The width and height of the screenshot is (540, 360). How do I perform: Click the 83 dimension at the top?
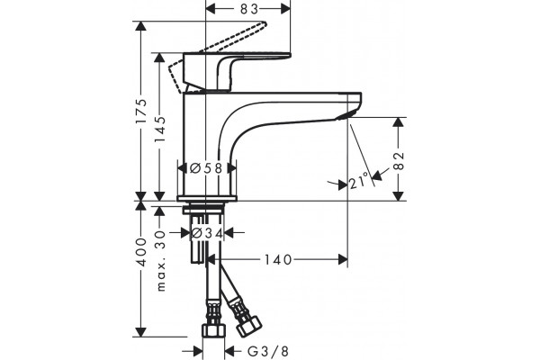[249, 9]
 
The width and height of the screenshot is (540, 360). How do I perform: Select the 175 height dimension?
[141, 112]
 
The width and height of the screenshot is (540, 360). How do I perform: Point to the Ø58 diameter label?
[206, 168]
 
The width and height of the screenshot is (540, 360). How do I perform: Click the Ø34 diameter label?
[207, 233]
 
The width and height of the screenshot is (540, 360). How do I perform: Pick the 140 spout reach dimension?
[278, 260]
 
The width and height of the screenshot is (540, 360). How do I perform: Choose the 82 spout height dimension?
[399, 160]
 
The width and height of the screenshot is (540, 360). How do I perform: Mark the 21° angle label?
[358, 183]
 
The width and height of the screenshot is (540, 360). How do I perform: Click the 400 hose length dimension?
[141, 252]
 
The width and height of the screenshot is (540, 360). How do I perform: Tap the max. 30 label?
[160, 262]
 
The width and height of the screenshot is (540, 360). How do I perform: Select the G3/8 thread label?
[268, 352]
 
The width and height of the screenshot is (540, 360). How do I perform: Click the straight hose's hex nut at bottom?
[213, 330]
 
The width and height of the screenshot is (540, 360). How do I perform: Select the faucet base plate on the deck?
[207, 198]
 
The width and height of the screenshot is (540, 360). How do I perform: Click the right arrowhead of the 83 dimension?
[286, 9]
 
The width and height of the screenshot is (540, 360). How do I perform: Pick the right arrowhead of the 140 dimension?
[343, 260]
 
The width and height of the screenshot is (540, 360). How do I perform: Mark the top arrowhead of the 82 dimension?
[399, 123]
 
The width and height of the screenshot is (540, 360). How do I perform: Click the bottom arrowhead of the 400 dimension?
[141, 332]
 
